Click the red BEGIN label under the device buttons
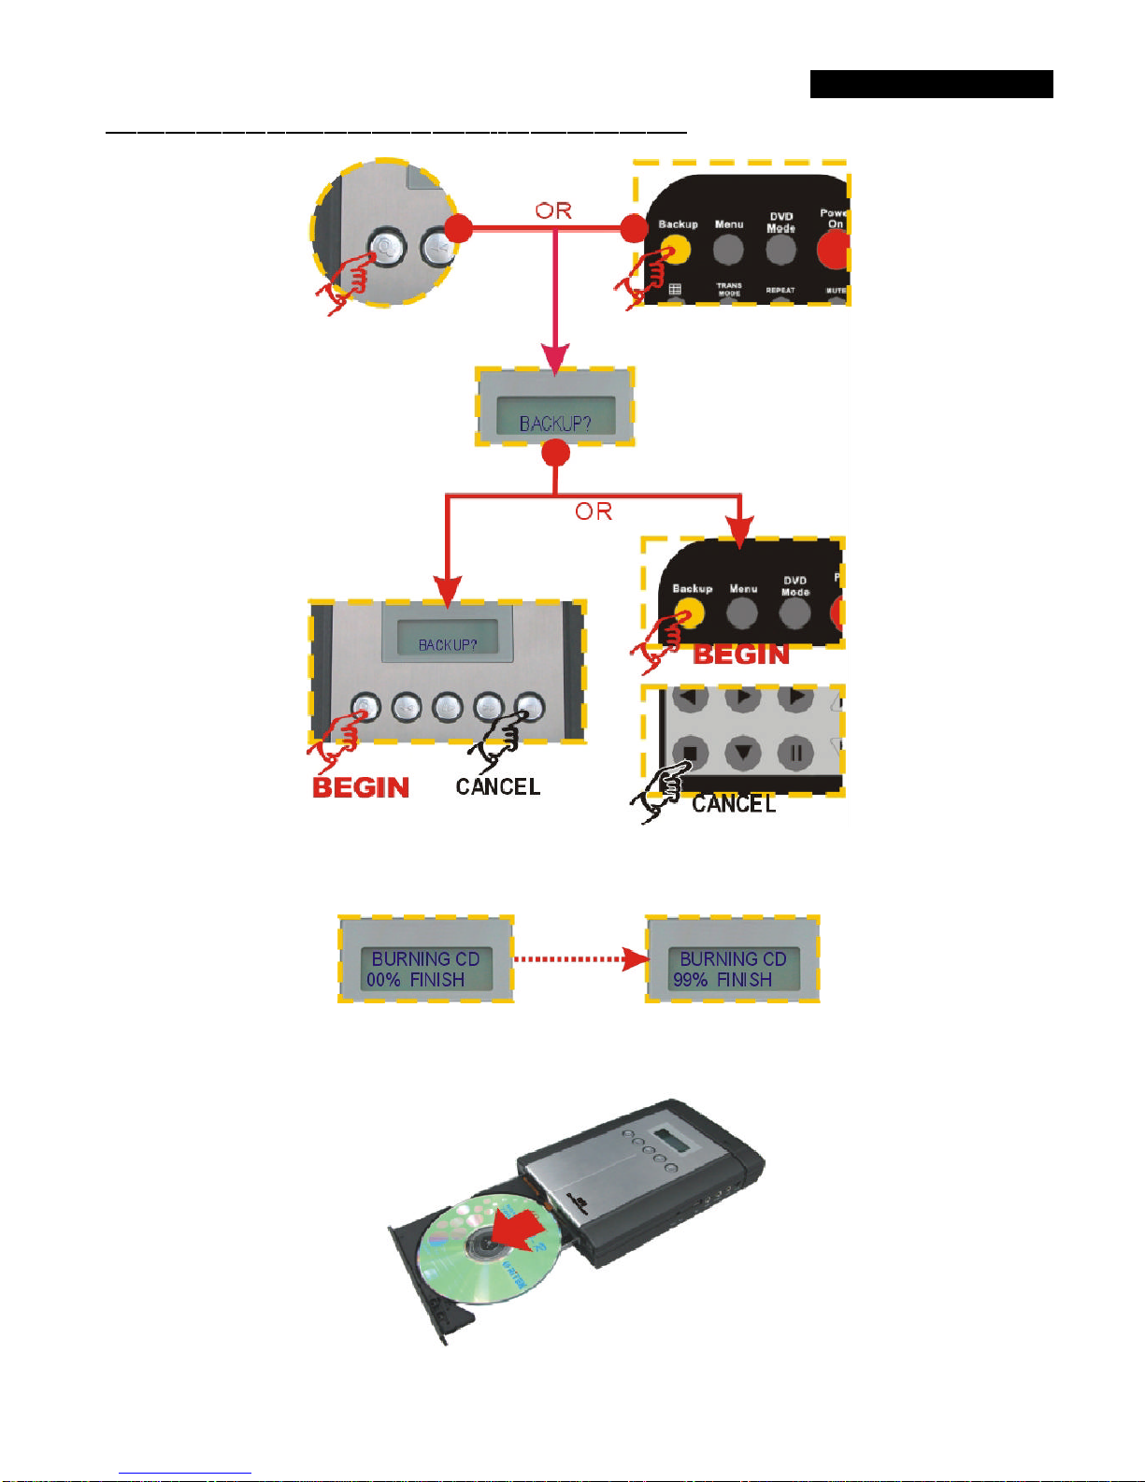click(x=361, y=787)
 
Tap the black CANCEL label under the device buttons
click(x=498, y=786)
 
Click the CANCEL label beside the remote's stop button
click(x=734, y=804)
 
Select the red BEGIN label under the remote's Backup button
click(x=741, y=655)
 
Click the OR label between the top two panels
click(x=553, y=211)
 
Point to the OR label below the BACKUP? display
click(x=594, y=511)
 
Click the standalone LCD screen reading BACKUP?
click(x=555, y=415)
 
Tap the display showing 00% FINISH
click(x=426, y=969)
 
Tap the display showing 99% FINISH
click(x=734, y=969)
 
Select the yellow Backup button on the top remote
click(x=676, y=250)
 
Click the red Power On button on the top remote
click(x=834, y=250)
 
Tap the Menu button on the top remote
click(x=728, y=250)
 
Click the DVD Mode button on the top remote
click(x=780, y=250)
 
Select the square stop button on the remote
click(x=691, y=753)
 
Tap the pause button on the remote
click(x=795, y=753)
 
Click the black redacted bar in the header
click(x=931, y=84)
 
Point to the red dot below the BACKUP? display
click(x=556, y=453)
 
